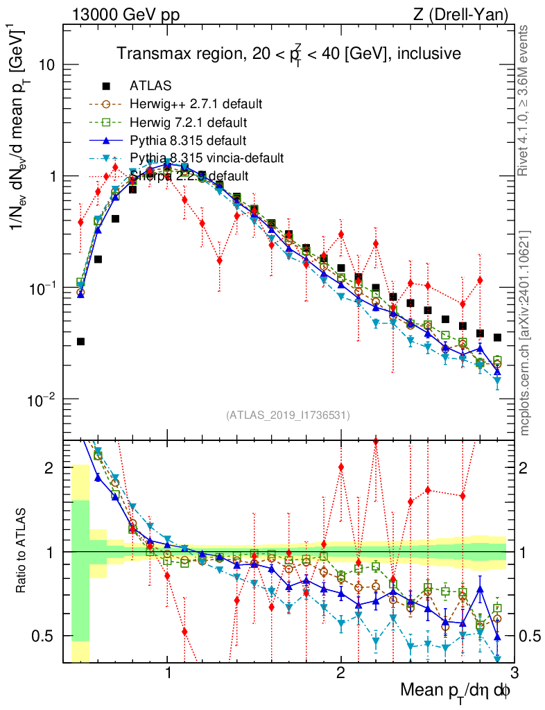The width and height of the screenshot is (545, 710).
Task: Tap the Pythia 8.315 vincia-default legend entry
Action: point(206,158)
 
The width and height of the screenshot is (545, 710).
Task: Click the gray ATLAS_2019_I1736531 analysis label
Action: point(288,415)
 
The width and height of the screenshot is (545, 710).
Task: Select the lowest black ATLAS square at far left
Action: point(80,341)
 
